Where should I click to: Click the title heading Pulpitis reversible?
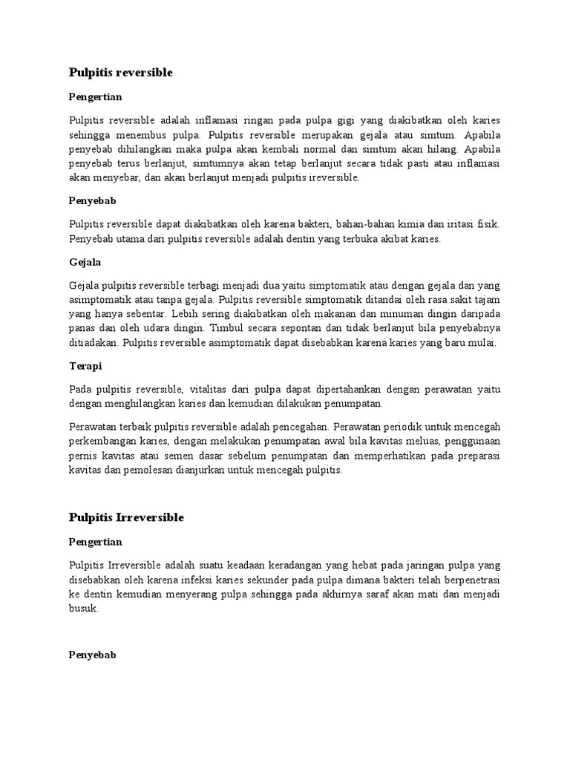(120, 72)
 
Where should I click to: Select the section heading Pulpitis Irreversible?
(126, 517)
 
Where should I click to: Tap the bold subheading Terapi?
(85, 366)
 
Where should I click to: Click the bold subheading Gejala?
(85, 262)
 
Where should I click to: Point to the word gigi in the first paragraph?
(347, 120)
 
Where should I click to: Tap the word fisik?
(488, 224)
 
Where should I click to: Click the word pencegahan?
(298, 427)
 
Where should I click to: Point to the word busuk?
(82, 607)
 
